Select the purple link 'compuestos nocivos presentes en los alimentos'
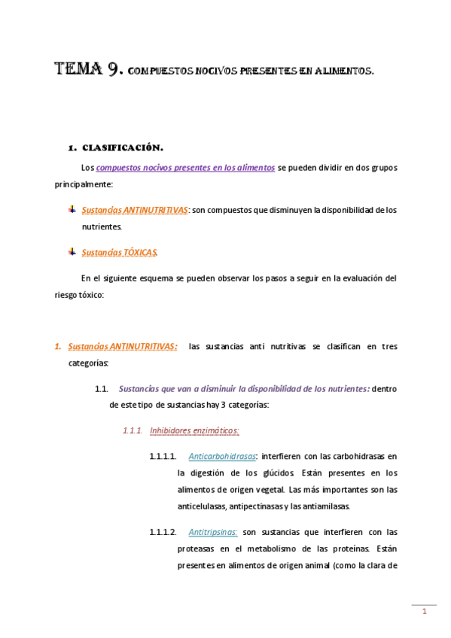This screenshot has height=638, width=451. click(x=186, y=168)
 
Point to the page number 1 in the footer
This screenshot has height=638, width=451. click(x=425, y=611)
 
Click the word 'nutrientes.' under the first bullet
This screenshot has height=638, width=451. click(x=102, y=226)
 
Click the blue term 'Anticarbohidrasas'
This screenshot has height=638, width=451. click(x=222, y=456)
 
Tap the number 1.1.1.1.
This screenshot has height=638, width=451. click(x=163, y=456)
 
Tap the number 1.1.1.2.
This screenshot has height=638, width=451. click(x=163, y=531)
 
